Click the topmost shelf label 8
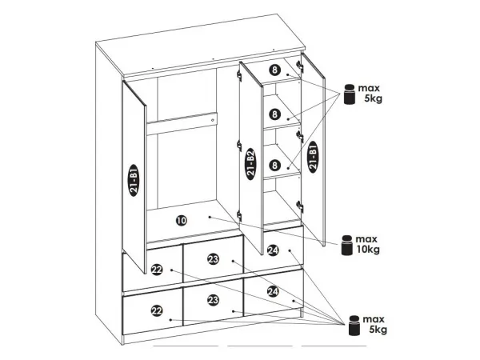(274, 70)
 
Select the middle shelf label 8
(274, 114)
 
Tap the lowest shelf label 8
(274, 166)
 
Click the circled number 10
(182, 221)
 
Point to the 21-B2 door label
(250, 164)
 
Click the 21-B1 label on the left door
(134, 180)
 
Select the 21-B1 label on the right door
(313, 157)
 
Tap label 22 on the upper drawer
(157, 270)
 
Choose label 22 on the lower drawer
(157, 310)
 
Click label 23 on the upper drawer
(213, 259)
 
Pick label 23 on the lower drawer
(213, 300)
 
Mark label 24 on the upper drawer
(273, 250)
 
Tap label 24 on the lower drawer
(273, 291)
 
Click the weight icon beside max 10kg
(347, 246)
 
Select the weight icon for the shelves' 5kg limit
(350, 94)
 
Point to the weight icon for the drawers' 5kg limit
(354, 326)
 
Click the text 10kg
(367, 250)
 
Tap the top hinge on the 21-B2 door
(239, 75)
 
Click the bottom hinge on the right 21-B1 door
(300, 206)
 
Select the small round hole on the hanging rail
(213, 120)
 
